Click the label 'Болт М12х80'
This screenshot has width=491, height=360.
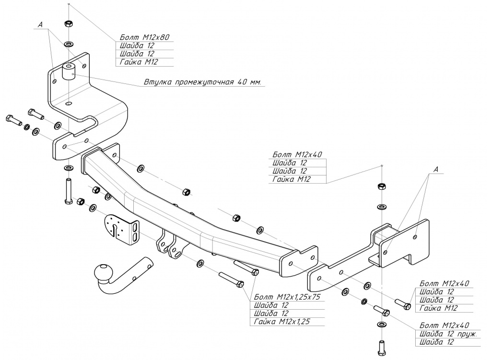coord(144,37)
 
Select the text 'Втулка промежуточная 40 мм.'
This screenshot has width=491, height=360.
coord(202,82)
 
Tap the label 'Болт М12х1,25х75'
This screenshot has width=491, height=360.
coord(287,297)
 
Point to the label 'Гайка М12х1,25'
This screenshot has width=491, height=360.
coord(282,322)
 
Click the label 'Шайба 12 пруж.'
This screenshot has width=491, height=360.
coord(448,334)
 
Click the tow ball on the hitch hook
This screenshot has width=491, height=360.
coord(104,272)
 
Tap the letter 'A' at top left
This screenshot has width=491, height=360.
coord(40,24)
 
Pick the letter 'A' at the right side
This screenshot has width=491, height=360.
coord(435,169)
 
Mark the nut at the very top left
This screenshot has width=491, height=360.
coord(68,23)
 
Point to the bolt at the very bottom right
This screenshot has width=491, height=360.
coord(382,347)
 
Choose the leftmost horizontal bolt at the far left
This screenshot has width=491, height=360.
coord(13,119)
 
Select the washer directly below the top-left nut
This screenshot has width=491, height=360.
coord(68,43)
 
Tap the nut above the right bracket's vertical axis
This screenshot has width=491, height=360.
coord(382,186)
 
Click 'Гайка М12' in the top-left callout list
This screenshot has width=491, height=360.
coord(139,62)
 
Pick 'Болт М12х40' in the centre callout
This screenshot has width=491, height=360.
coord(297,154)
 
